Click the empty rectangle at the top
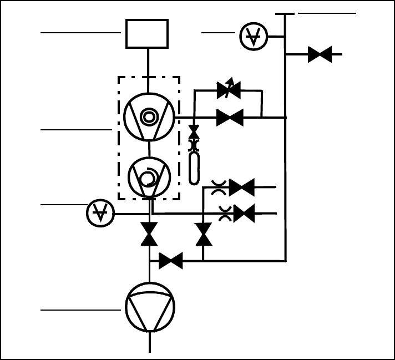[147, 34]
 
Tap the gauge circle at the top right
[254, 37]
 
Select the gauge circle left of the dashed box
[100, 213]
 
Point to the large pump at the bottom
[150, 307]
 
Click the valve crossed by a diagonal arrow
[229, 90]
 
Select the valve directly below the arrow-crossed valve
[229, 118]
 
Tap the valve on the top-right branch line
[320, 54]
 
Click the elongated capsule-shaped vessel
[194, 168]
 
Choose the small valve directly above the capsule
[194, 131]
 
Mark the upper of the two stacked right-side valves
[242, 187]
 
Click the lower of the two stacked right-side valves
[244, 213]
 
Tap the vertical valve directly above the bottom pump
[149, 234]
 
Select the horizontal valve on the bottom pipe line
[171, 261]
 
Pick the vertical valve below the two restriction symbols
[204, 234]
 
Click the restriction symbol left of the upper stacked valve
[217, 187]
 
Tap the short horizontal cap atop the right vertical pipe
[284, 13]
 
